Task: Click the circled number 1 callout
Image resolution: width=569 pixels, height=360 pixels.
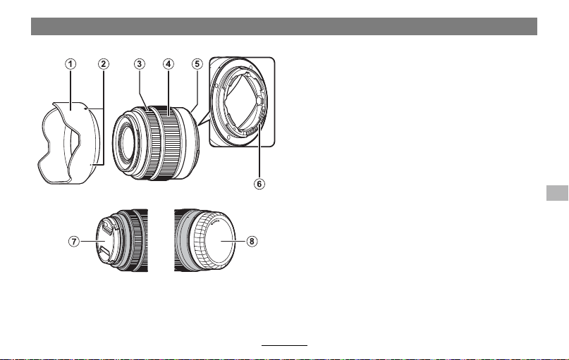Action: pyautogui.click(x=71, y=64)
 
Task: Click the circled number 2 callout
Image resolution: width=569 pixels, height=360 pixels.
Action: pyautogui.click(x=104, y=64)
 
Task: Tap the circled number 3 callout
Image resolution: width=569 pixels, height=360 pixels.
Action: pyautogui.click(x=140, y=64)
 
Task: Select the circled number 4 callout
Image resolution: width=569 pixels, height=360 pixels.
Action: pyautogui.click(x=168, y=64)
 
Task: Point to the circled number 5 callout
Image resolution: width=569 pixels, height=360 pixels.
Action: pyautogui.click(x=197, y=64)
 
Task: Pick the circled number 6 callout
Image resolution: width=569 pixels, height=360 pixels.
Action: pyautogui.click(x=259, y=184)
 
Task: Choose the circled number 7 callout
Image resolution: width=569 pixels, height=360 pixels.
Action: pyautogui.click(x=74, y=241)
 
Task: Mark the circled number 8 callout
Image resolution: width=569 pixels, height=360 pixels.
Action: pyautogui.click(x=252, y=241)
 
